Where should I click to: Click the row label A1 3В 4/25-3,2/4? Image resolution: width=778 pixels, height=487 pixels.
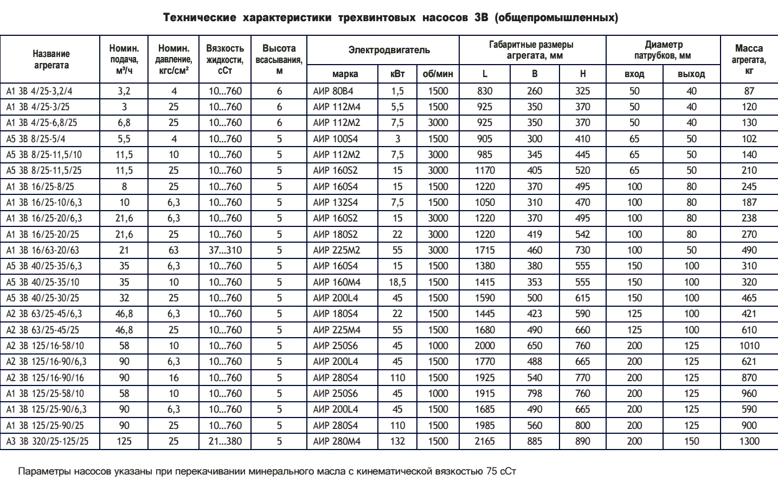coord(39,91)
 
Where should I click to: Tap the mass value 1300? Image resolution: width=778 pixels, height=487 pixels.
coord(749,441)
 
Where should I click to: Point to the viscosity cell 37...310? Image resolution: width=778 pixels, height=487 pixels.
coord(225,250)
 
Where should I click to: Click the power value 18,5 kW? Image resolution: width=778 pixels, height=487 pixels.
coord(397,282)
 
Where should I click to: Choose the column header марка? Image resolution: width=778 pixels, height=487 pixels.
coord(345,74)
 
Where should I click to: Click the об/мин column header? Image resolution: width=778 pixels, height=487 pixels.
coord(438,74)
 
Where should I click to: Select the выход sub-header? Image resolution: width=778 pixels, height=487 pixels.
coord(691,74)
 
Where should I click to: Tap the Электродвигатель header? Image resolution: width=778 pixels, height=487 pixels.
coord(389,50)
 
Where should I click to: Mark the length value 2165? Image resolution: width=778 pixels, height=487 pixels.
coord(485,441)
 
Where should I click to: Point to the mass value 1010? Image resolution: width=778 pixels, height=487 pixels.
coord(749,346)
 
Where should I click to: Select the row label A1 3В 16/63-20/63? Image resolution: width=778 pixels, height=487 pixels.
coord(42,250)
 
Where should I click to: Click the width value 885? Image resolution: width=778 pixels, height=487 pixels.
coord(535,441)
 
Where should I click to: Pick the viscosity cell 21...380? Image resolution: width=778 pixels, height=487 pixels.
coord(225,441)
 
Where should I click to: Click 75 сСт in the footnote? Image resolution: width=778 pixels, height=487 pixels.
coord(501,471)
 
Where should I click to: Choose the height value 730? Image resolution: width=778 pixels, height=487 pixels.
coord(582,250)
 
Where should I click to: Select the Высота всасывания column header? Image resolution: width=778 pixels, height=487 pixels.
coord(279,59)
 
